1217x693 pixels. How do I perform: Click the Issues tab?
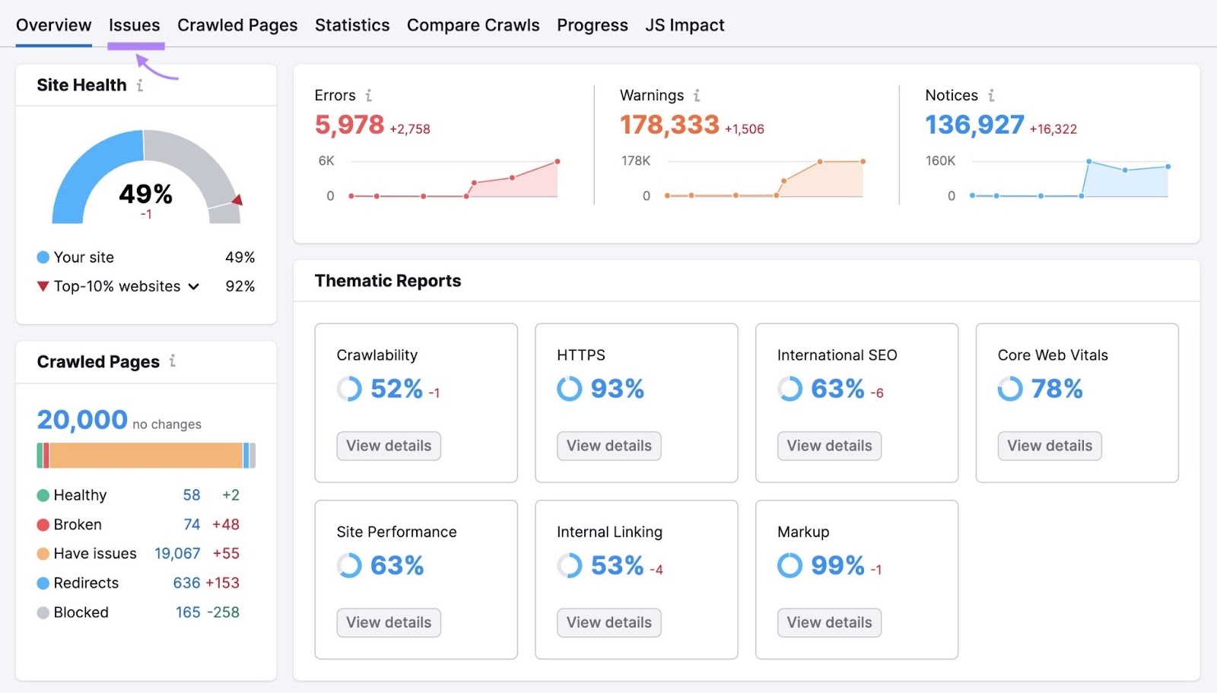tap(134, 25)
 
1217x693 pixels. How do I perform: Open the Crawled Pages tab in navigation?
tap(237, 25)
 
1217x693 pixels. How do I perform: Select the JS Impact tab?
tap(685, 25)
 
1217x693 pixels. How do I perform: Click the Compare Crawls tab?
tap(473, 25)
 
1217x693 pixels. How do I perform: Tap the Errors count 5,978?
tap(350, 125)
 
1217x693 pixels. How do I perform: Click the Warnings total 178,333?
tap(669, 125)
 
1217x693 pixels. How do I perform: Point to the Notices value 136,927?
tap(974, 125)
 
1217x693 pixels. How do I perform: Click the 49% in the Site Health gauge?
tap(145, 194)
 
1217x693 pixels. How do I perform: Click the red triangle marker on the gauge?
tap(237, 200)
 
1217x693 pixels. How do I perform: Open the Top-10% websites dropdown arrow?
tap(194, 287)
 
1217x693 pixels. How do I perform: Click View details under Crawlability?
tap(389, 446)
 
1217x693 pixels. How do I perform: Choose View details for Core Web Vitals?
tap(1050, 446)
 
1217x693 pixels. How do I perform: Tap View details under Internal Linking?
tap(608, 622)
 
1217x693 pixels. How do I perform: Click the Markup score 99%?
tap(837, 565)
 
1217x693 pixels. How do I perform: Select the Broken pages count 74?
tap(192, 524)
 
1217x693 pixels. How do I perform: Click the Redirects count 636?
tap(186, 583)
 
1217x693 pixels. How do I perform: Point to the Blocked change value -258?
tap(223, 612)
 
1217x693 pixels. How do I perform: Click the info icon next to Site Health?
tap(140, 85)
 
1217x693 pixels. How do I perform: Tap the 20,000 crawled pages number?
tap(82, 420)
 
